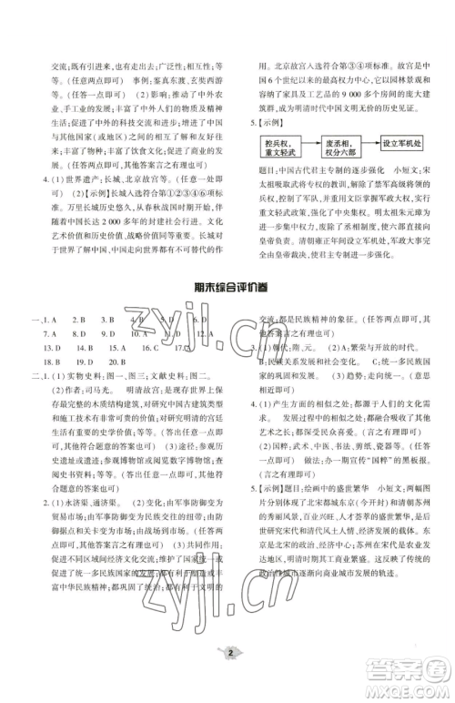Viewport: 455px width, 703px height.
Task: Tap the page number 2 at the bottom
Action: click(227, 678)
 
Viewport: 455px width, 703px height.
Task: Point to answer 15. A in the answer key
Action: click(116, 348)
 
